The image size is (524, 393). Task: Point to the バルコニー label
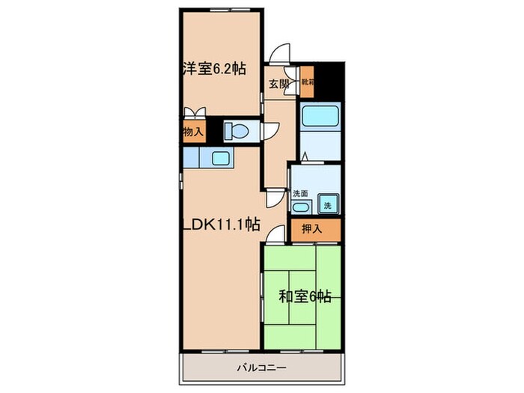[x=262, y=368]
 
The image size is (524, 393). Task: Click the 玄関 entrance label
[x=278, y=84]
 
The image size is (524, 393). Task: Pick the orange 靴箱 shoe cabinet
[x=308, y=82]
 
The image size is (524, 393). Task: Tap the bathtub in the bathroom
[x=320, y=118]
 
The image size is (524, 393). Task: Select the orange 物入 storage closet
[x=193, y=132]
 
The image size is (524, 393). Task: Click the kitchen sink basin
[x=222, y=157]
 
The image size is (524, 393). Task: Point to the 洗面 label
[x=300, y=192]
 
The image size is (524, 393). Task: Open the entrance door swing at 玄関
[x=281, y=55]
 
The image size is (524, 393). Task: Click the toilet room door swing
[x=271, y=132]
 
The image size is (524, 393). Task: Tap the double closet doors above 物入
[x=195, y=112]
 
